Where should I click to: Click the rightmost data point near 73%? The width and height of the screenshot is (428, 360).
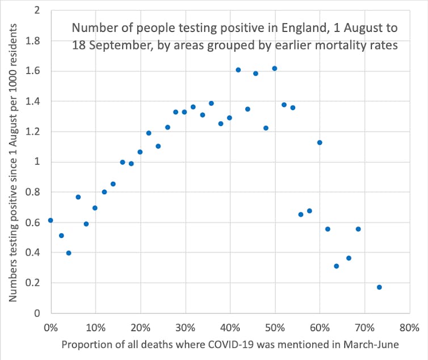[x=379, y=287]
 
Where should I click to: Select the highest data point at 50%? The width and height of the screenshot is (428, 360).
[x=275, y=69]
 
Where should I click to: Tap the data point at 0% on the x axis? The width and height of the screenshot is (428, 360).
[x=51, y=220]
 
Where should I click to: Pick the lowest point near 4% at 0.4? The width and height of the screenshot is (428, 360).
[x=69, y=253]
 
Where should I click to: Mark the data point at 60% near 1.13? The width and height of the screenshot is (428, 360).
[x=320, y=143]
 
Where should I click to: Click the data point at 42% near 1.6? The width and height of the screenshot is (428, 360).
[x=238, y=70]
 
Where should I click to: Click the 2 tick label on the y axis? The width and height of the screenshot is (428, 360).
[x=37, y=11]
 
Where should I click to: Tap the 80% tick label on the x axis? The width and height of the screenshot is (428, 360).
[x=409, y=328]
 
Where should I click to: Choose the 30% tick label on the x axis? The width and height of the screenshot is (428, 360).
[x=185, y=328]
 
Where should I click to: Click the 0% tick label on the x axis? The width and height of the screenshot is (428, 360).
[x=51, y=328]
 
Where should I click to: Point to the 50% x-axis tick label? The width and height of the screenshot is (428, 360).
[x=275, y=328]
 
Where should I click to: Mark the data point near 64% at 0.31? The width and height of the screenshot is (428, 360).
[x=337, y=266]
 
